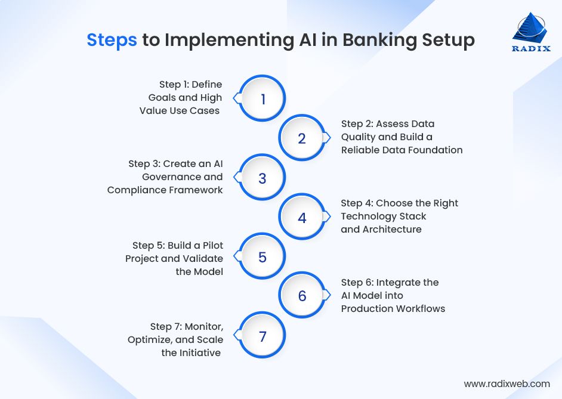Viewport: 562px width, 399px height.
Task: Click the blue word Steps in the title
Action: click(x=112, y=40)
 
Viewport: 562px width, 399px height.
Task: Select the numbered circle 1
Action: click(x=263, y=99)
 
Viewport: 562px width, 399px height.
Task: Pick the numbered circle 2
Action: click(x=302, y=138)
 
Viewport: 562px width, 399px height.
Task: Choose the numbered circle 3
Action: click(x=263, y=178)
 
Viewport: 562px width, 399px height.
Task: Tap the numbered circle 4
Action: click(x=302, y=218)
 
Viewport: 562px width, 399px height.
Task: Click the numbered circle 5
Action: click(x=263, y=257)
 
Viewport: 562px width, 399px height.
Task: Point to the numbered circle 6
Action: click(x=302, y=296)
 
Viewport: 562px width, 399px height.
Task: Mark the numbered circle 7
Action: click(x=263, y=336)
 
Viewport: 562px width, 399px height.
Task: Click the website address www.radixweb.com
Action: click(x=507, y=383)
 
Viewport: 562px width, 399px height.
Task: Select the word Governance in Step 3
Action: click(x=169, y=177)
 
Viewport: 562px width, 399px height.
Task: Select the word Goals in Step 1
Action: click(x=162, y=97)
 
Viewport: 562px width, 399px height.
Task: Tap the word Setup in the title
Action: click(x=446, y=40)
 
